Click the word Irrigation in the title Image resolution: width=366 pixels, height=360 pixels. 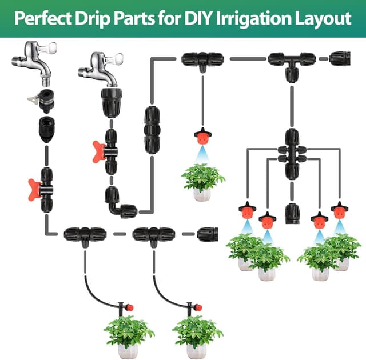[253, 19]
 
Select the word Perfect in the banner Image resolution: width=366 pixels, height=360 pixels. [43, 18]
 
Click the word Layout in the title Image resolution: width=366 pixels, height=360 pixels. [323, 19]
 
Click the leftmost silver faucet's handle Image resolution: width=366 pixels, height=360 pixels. [47, 48]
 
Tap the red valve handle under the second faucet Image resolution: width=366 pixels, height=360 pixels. [99, 152]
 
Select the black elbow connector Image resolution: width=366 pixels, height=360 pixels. [120, 203]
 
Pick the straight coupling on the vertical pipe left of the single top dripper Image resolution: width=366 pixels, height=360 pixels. [152, 130]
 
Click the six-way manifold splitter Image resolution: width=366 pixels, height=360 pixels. [292, 154]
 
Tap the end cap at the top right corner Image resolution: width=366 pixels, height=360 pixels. [340, 59]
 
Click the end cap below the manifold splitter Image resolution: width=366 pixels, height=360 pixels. [292, 213]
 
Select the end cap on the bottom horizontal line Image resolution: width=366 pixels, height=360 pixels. [208, 234]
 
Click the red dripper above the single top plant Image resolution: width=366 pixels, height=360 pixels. [203, 136]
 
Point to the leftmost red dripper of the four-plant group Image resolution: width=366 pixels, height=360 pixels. [248, 210]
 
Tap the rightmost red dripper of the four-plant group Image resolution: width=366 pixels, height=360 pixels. [340, 210]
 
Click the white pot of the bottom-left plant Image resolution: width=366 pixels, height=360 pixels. [128, 351]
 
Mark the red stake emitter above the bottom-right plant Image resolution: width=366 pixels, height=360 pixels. [193, 308]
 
